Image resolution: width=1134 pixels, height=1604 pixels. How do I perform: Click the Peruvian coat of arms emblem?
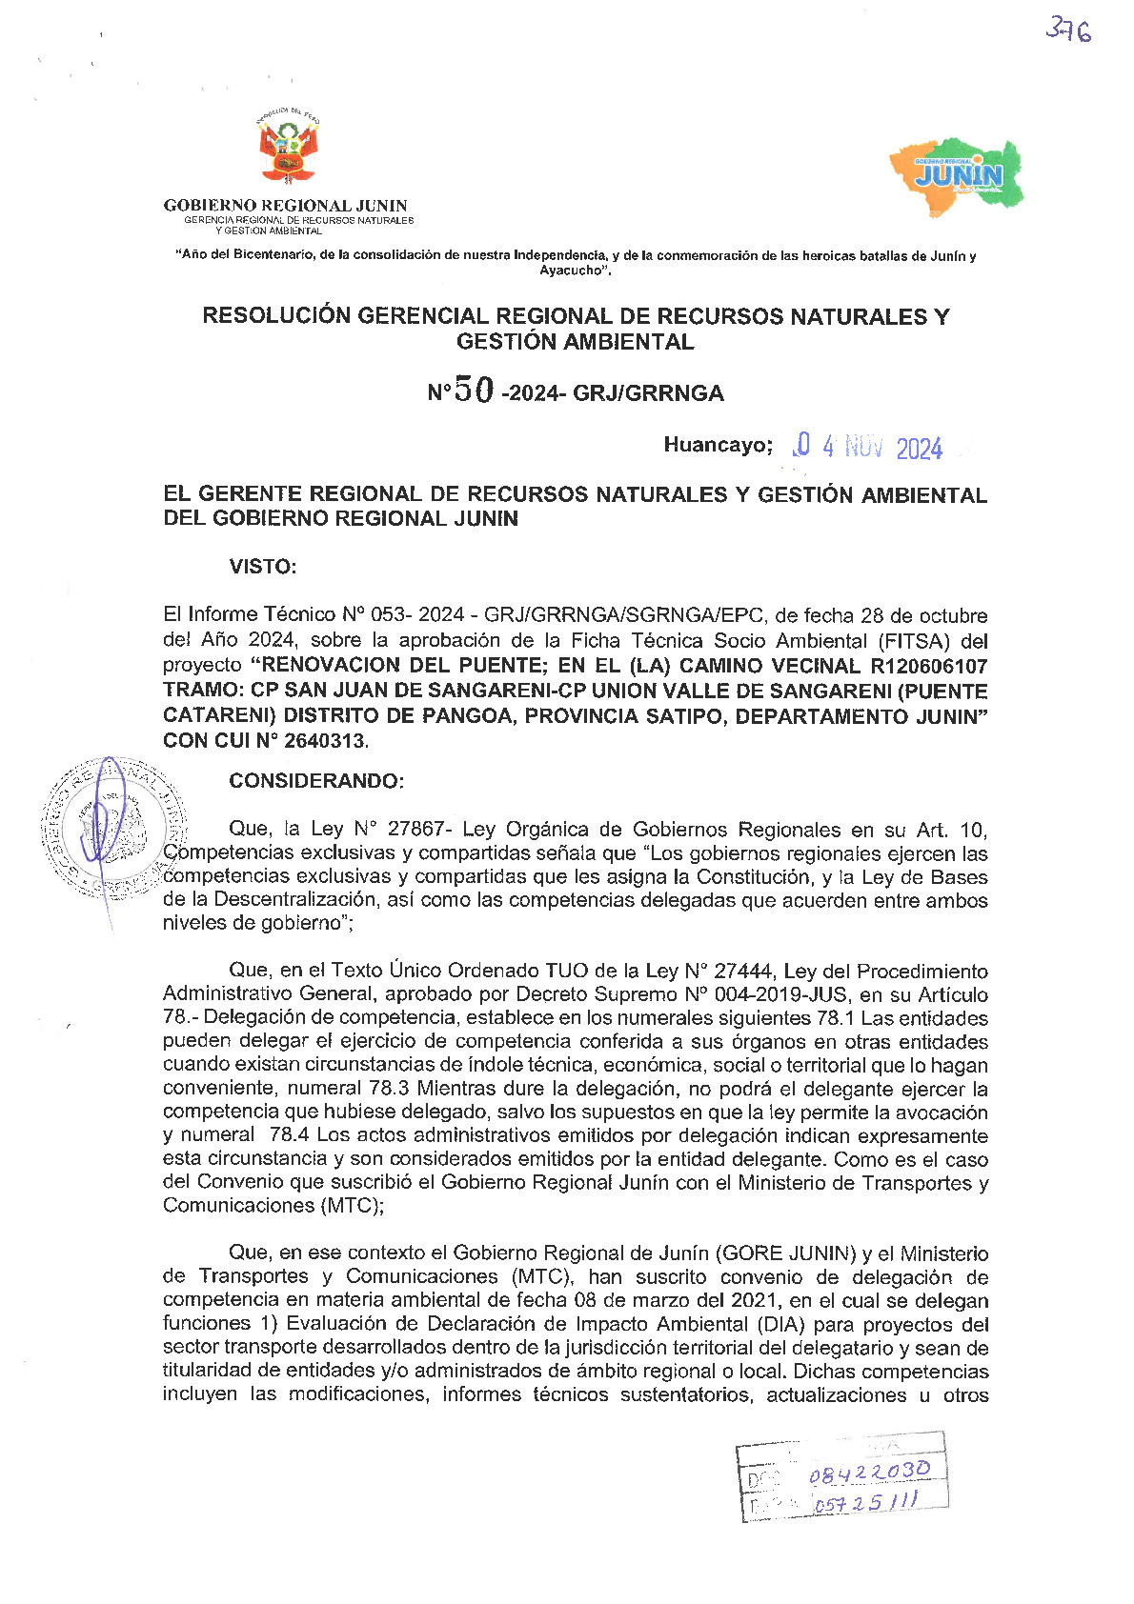click(x=287, y=150)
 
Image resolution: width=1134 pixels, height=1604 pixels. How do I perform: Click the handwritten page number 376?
click(x=1068, y=30)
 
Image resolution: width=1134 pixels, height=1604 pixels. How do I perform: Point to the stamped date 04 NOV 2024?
click(x=868, y=447)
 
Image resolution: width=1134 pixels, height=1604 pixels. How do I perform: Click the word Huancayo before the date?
click(x=716, y=445)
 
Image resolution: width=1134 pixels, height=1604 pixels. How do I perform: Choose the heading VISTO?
click(x=262, y=567)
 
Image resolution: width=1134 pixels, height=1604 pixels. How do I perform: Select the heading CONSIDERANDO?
click(x=316, y=781)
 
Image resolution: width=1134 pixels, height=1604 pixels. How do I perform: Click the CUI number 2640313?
click(x=325, y=740)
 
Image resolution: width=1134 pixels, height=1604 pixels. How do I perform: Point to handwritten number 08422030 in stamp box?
click(x=869, y=1473)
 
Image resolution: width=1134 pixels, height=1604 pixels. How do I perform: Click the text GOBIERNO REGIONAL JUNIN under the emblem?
click(x=285, y=205)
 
